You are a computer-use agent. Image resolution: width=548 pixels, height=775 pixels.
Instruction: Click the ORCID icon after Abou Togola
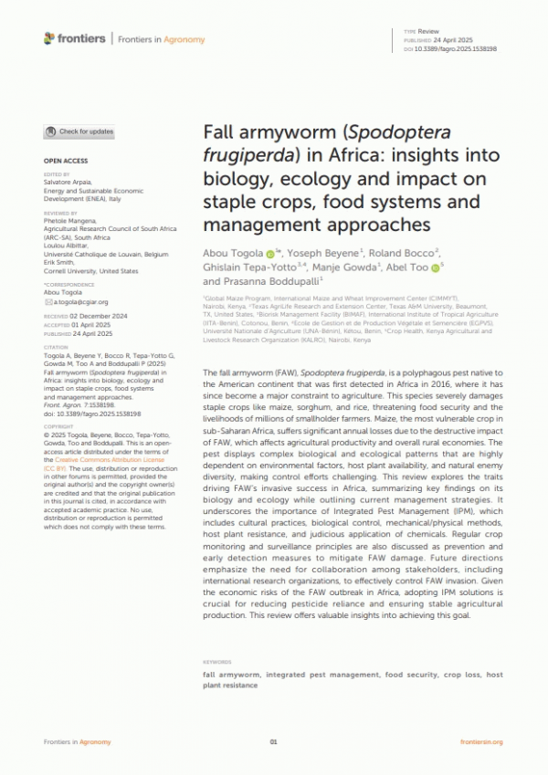tap(270, 252)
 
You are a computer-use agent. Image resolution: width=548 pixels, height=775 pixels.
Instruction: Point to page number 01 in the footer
tap(273, 741)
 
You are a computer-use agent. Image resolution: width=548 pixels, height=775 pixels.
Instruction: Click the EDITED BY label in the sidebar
tap(57, 173)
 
